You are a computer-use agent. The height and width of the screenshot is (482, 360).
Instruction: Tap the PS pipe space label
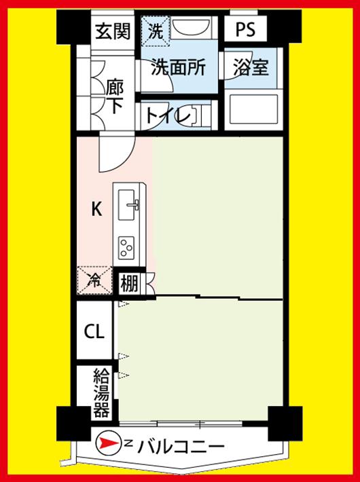[x=246, y=30]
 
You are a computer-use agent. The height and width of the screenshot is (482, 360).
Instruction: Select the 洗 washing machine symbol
[x=156, y=31]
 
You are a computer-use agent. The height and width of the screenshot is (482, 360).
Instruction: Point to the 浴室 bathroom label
[x=251, y=67]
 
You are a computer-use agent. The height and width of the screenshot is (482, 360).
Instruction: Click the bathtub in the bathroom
[x=251, y=110]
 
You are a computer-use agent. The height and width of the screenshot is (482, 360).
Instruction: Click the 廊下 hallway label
[x=115, y=96]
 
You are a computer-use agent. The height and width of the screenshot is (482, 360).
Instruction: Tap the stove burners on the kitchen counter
[x=127, y=245]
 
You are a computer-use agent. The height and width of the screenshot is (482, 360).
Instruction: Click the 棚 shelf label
[x=130, y=283]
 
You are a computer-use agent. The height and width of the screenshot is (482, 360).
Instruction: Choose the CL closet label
[x=94, y=332]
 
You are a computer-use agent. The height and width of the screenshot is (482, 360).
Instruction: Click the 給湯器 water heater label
[x=101, y=392]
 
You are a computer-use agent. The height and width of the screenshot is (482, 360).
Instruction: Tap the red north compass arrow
[x=107, y=444]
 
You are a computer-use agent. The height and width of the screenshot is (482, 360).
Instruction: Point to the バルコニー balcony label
[x=180, y=446]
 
